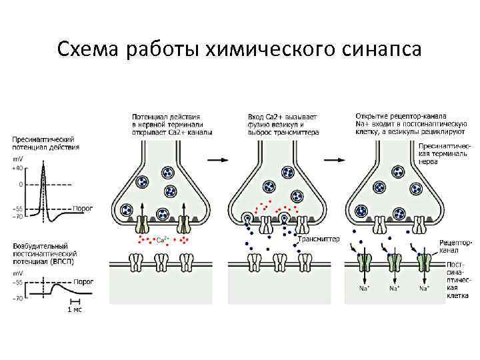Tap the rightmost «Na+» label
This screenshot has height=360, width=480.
click(423, 288)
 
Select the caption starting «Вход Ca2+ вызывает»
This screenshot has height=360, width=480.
click(283, 125)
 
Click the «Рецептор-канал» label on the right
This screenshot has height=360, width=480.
click(455, 247)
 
